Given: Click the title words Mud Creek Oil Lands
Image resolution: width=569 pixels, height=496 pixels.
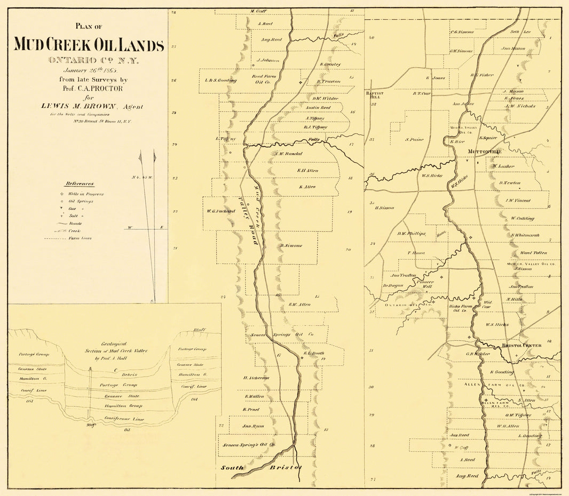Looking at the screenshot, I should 89,45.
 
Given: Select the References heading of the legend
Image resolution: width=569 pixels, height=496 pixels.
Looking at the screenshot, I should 80,183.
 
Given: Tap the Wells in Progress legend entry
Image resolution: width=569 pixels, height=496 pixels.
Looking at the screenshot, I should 85,194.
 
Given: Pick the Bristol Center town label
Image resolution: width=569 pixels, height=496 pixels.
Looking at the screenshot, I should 521,346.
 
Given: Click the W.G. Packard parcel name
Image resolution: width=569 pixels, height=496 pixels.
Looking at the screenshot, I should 221,211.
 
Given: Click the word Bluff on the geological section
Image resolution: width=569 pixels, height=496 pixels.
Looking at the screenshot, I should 200,330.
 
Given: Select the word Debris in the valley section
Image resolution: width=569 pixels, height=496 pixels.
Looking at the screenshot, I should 129,374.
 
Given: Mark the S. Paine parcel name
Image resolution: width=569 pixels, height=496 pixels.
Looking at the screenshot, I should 414,140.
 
